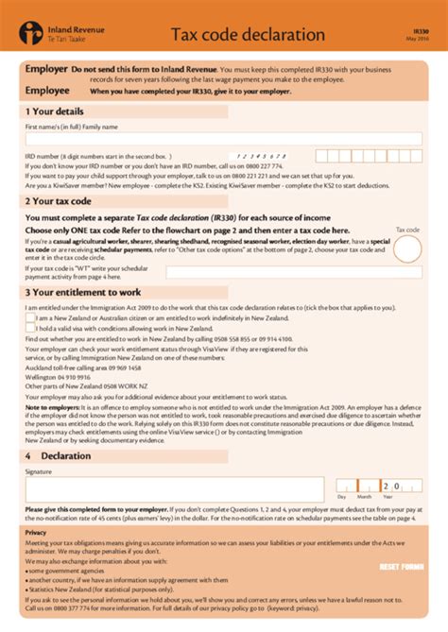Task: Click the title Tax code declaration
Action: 248,35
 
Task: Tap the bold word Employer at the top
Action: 45,70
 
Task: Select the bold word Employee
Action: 47,90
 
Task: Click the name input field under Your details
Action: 223,138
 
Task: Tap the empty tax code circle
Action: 407,248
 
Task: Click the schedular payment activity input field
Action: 293,272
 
